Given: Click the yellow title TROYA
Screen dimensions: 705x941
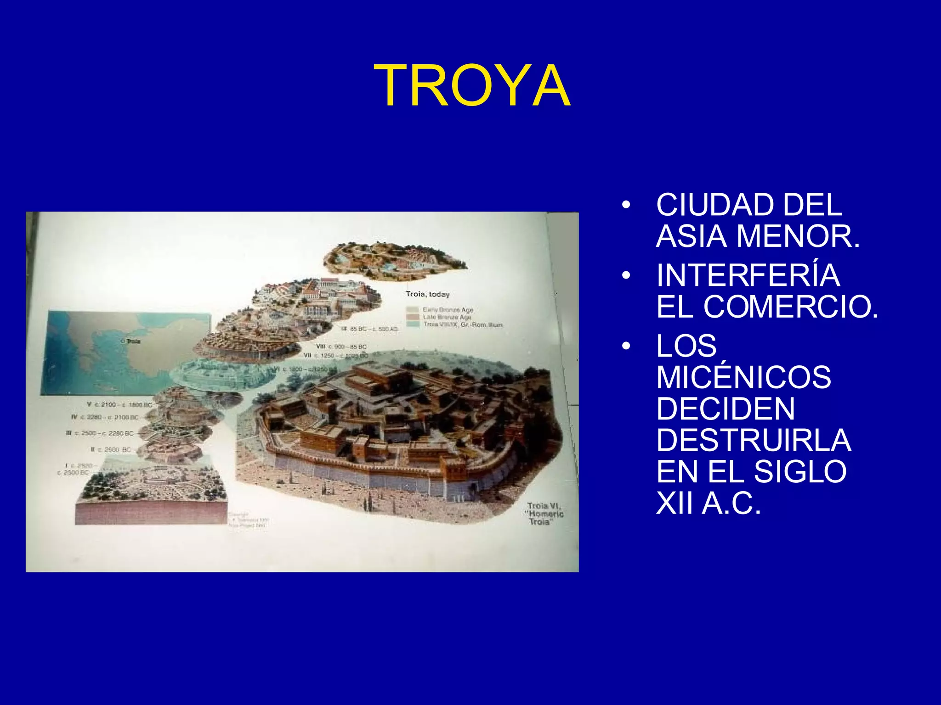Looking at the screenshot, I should [472, 86].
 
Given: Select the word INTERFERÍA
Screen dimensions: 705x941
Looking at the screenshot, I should [748, 275].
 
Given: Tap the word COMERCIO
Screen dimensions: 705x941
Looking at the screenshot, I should [790, 307].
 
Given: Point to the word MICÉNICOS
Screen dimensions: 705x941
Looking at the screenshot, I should [743, 377].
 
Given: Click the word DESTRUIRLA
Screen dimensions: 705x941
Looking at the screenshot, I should [754, 440].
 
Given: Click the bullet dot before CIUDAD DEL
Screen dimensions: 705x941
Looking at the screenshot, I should [625, 205].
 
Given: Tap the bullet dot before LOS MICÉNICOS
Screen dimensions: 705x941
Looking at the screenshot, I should [625, 346].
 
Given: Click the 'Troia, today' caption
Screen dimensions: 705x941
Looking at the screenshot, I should [427, 294].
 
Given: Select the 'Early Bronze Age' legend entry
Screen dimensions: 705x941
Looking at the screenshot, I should [448, 310].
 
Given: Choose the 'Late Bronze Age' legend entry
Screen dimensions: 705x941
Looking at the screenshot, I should [447, 317].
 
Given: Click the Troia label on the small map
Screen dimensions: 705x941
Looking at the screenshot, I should [132, 341].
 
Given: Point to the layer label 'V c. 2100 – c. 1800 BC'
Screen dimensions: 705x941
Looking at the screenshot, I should [119, 404].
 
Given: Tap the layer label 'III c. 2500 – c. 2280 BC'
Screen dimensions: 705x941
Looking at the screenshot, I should [100, 433].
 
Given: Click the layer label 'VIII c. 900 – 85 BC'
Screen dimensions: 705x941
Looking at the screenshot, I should [341, 347].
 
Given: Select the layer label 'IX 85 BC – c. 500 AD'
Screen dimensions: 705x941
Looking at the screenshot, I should [369, 329].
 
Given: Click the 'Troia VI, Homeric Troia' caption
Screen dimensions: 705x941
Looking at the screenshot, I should [545, 514].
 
